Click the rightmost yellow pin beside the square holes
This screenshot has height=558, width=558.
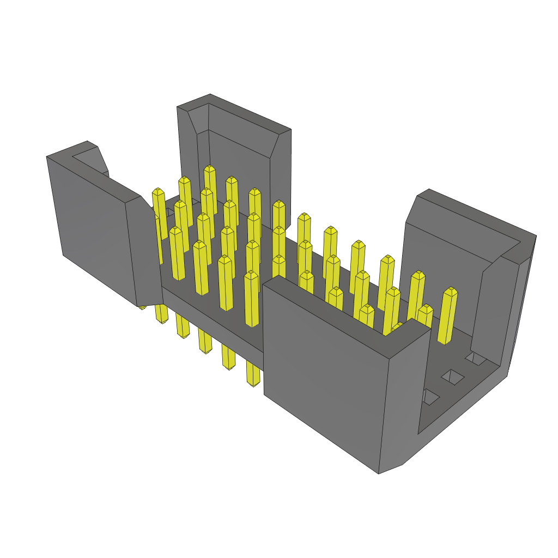(x=447, y=316)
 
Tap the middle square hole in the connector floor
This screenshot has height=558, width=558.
(x=452, y=377)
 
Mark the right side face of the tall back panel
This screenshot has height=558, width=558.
(x=280, y=174)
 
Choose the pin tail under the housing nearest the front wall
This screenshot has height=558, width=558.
(x=253, y=373)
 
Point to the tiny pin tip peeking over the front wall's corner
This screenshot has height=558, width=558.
(x=397, y=327)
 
